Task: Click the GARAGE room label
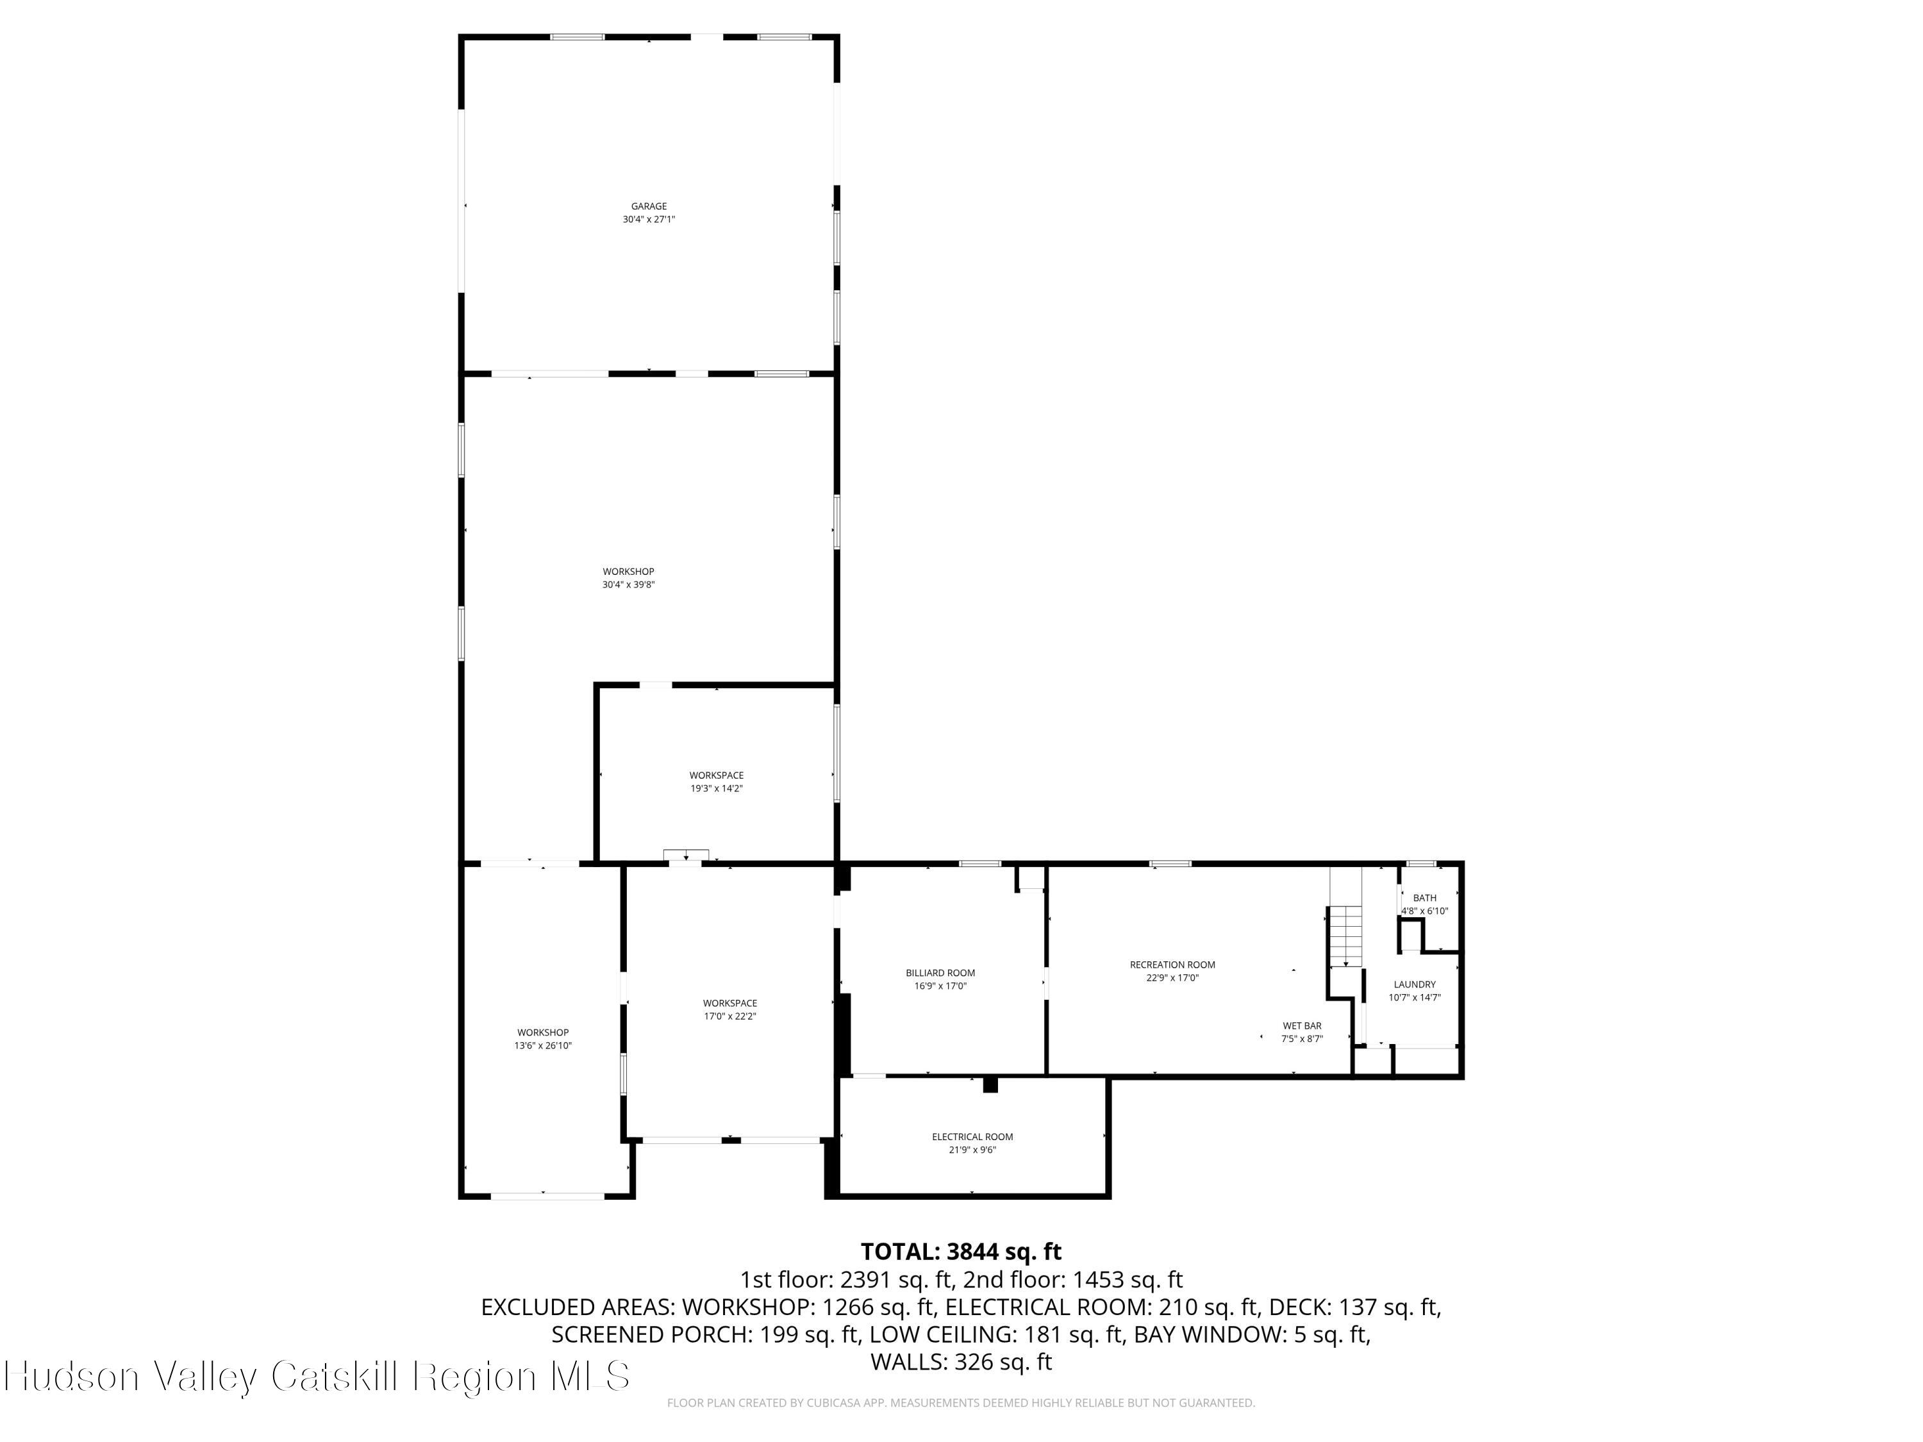click(x=649, y=206)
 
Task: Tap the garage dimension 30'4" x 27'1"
click(x=649, y=220)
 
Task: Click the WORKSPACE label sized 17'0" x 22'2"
click(x=729, y=1003)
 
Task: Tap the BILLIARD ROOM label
click(x=940, y=973)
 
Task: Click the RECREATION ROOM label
click(x=1172, y=964)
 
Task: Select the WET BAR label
click(x=1301, y=1025)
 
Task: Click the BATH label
click(x=1424, y=898)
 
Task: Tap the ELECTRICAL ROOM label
click(x=972, y=1136)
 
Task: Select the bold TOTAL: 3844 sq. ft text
click(x=961, y=1252)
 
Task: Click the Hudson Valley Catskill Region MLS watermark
click(x=317, y=1376)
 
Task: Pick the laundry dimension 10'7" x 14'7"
click(x=1415, y=998)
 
